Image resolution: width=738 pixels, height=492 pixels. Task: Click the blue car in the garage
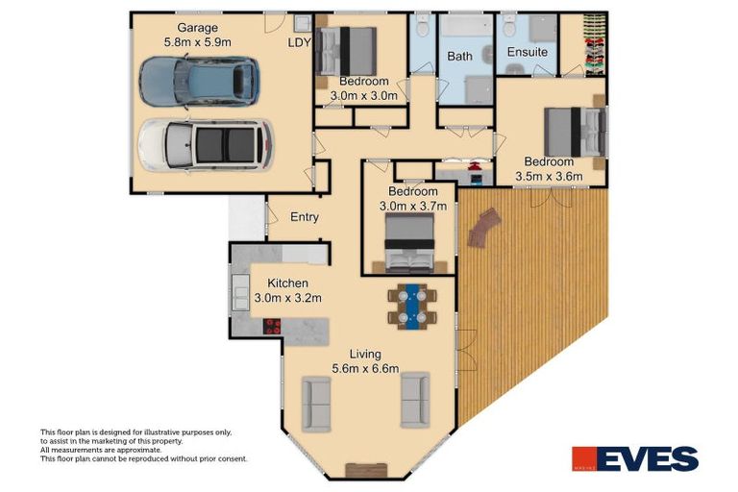tap(199, 81)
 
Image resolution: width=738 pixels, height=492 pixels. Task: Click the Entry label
tap(304, 217)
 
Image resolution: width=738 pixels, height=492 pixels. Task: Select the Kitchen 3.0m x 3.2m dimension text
tap(287, 298)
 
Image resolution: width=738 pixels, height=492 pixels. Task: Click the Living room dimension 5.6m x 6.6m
tap(364, 368)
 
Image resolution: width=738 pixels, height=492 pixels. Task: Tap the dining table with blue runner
tap(414, 306)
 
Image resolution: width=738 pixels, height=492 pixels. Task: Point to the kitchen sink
tap(239, 290)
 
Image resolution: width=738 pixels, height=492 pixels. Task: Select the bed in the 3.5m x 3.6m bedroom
tap(575, 131)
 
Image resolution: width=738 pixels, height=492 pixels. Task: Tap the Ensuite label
tap(528, 51)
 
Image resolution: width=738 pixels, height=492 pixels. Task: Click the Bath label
tap(459, 57)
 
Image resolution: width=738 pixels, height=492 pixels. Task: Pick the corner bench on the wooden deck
tap(484, 230)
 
